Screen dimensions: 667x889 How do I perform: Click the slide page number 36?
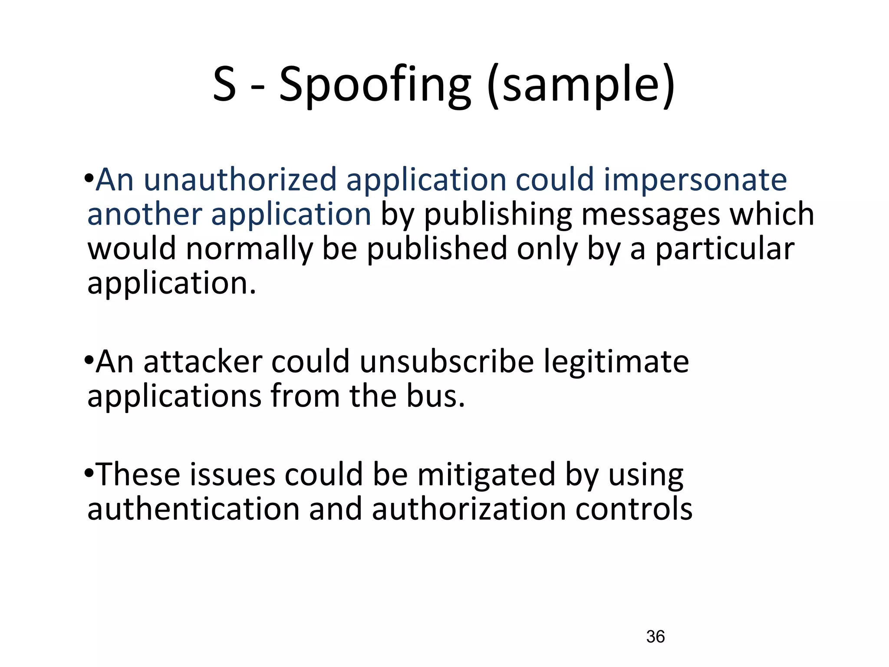(x=655, y=637)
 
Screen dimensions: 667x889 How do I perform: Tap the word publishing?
(x=497, y=215)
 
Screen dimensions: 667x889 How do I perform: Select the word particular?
(x=724, y=250)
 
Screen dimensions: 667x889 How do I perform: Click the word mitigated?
(x=486, y=474)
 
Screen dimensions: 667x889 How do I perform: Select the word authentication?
(x=193, y=509)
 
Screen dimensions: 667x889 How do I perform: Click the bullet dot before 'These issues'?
(x=89, y=472)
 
